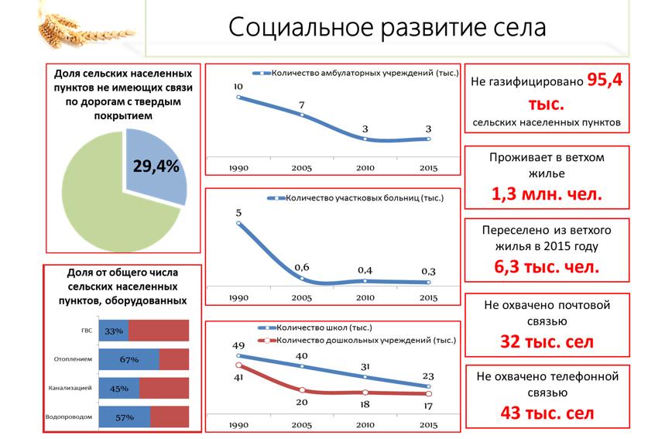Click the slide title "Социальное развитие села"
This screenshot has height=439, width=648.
[x=387, y=28]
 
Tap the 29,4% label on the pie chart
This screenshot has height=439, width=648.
[x=155, y=166]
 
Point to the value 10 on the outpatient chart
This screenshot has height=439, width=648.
[x=238, y=86]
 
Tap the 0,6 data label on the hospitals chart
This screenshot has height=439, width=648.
[x=301, y=267]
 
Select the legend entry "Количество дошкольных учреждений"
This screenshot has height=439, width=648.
[x=368, y=340]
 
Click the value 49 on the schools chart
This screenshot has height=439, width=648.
[x=238, y=345]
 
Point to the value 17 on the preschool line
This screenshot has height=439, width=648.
[x=427, y=405]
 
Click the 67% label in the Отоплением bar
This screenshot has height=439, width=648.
[x=129, y=359]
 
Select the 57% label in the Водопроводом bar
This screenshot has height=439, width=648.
[x=125, y=417]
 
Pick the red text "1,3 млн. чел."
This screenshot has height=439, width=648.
[x=547, y=194]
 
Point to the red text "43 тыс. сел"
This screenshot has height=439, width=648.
[x=547, y=413]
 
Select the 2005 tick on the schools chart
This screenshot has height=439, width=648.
[x=301, y=425]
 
